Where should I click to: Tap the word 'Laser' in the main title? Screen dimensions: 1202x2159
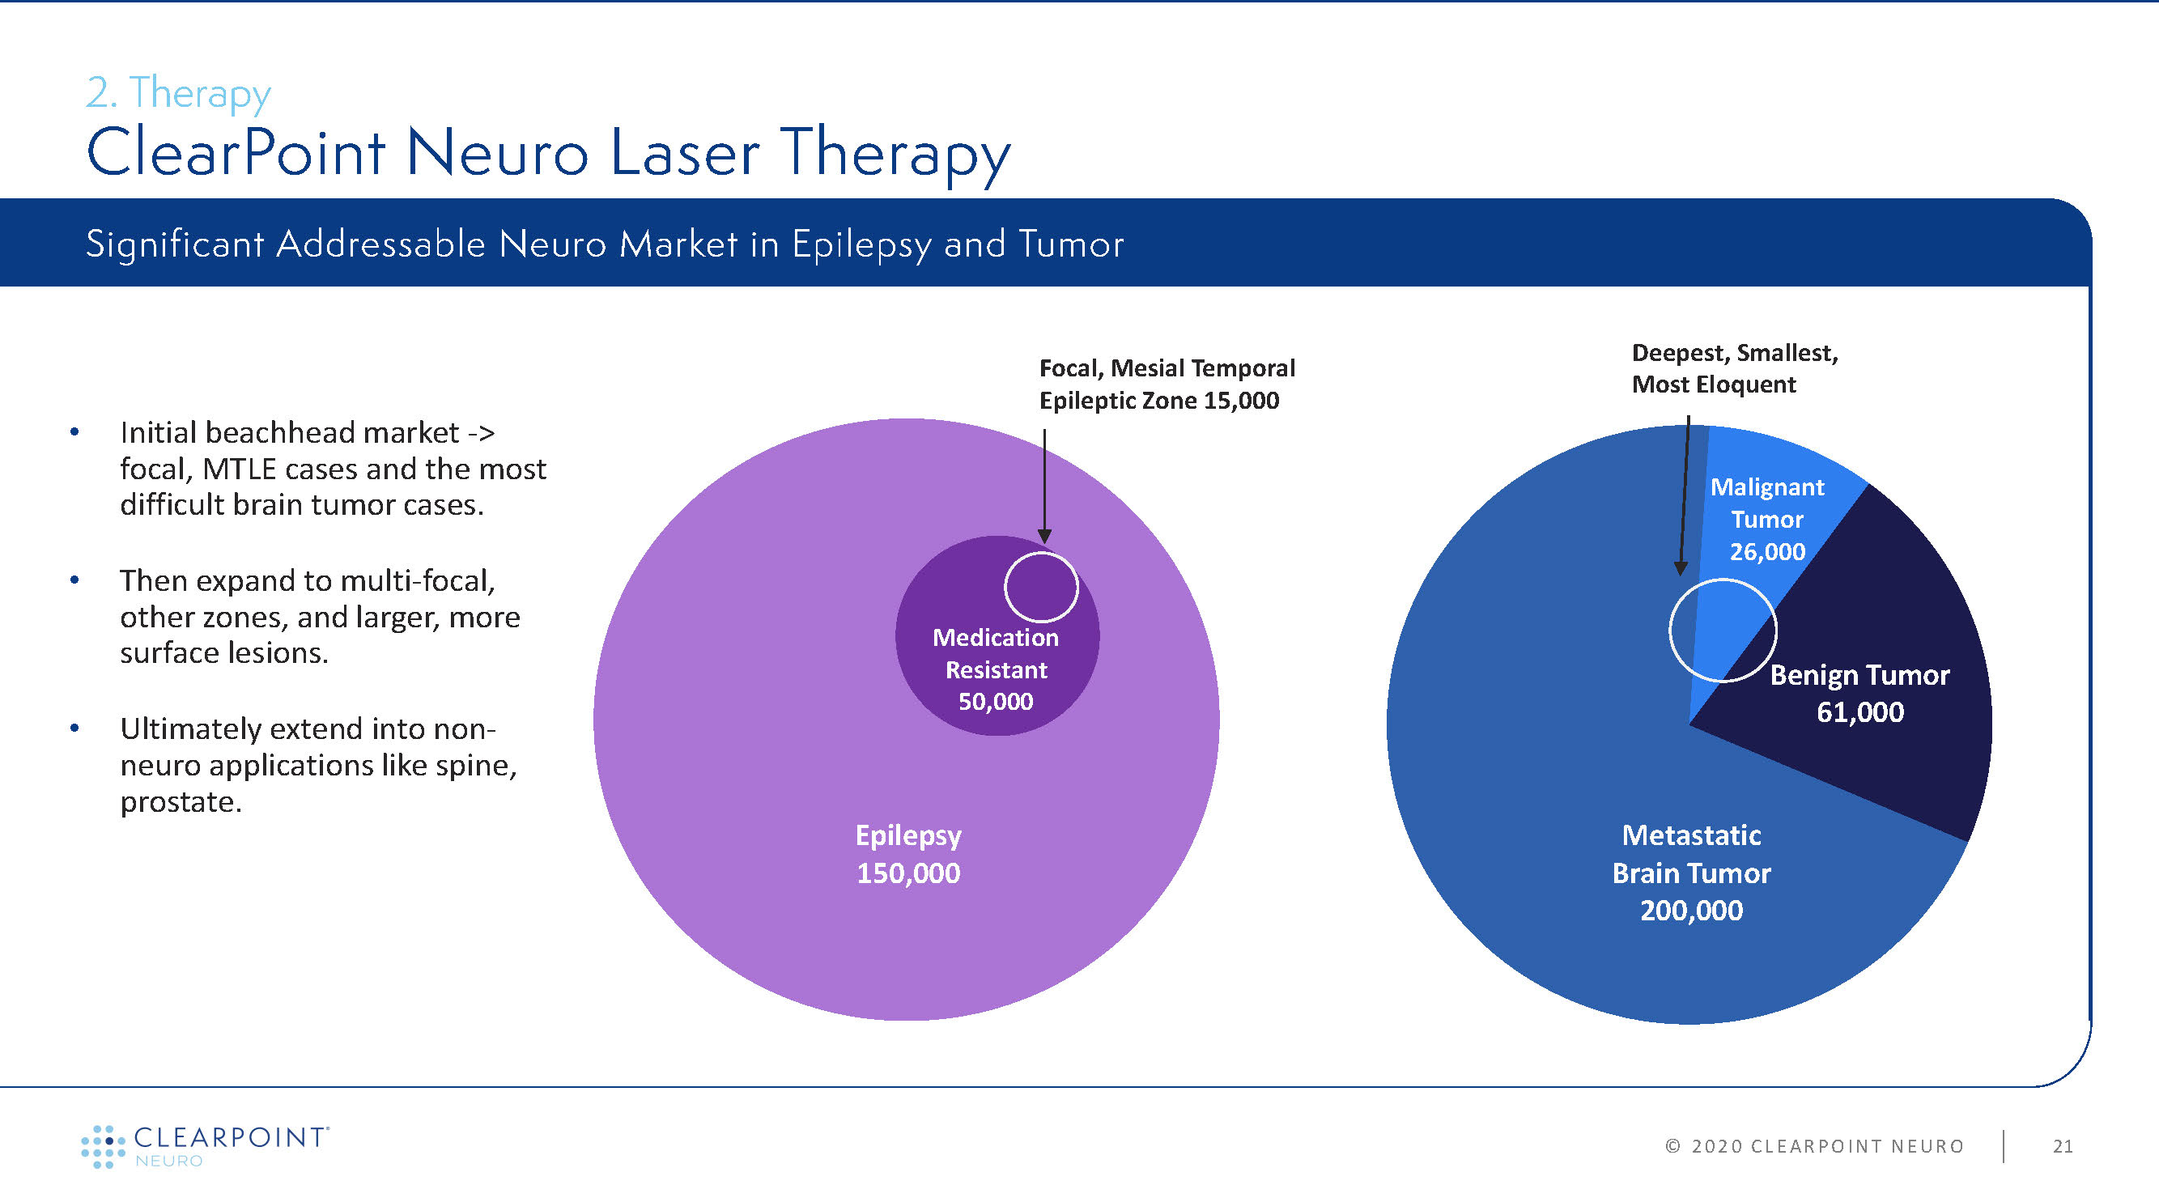click(685, 154)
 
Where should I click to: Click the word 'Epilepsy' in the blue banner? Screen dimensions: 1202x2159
click(861, 244)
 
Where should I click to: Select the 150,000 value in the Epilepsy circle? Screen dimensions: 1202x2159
click(907, 873)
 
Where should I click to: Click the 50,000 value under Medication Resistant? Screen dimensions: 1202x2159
click(996, 702)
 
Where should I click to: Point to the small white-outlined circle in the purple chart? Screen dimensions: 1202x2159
click(1041, 587)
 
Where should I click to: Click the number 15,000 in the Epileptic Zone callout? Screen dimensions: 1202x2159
click(1241, 401)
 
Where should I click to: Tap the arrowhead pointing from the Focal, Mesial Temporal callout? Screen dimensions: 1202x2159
click(1044, 537)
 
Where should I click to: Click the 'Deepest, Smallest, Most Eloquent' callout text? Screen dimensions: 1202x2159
click(1734, 369)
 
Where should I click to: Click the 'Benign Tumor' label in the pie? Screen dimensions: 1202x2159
click(1859, 676)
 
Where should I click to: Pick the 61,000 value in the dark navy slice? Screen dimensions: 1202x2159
click(1859, 712)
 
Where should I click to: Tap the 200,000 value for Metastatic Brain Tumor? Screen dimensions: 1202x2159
click(1691, 911)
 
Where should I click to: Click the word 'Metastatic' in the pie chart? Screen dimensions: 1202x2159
click(1691, 835)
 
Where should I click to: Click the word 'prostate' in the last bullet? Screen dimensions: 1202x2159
click(180, 802)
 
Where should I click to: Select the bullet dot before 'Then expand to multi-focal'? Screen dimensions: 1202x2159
click(74, 580)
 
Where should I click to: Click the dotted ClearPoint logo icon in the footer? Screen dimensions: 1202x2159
click(102, 1146)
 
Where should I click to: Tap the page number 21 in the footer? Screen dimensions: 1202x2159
click(2063, 1146)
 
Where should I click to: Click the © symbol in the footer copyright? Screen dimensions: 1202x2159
click(1673, 1146)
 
